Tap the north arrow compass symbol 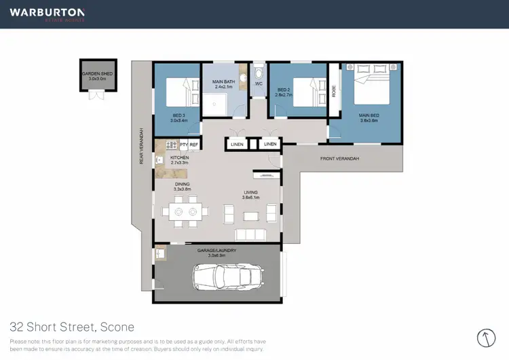click(486, 338)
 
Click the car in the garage click(228, 276)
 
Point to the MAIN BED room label click(369, 118)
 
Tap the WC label click(259, 84)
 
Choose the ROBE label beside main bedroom click(334, 92)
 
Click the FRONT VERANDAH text click(339, 158)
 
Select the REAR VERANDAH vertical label click(141, 146)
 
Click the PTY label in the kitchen click(183, 145)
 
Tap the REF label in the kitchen click(193, 145)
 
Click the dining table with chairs click(185, 212)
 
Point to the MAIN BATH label click(224, 84)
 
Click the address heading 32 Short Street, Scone click(72, 327)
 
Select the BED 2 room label click(284, 91)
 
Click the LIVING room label click(251, 195)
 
